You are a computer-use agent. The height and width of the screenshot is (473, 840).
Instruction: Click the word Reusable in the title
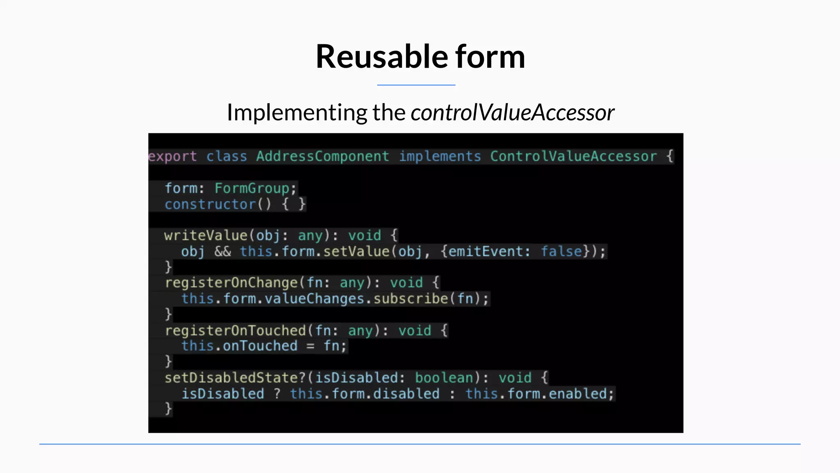coord(381,57)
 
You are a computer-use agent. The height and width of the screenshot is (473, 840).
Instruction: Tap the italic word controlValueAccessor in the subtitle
coord(512,113)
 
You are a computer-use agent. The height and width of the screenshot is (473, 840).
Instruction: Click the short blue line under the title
coord(416,85)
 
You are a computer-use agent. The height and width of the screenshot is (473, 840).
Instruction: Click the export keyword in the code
coord(173,156)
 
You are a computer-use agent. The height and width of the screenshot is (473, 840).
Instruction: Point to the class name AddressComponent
coord(322,156)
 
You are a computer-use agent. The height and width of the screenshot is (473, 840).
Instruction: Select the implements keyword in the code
coord(440,156)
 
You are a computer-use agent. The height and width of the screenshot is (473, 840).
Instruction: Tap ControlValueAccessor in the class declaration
coord(573,156)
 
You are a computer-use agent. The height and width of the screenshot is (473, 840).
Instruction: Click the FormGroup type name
coord(252,188)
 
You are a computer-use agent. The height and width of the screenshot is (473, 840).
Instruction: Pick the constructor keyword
coord(210,204)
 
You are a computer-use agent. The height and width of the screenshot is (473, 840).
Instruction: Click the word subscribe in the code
coord(411,298)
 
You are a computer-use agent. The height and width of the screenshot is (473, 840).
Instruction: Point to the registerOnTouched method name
coord(235,331)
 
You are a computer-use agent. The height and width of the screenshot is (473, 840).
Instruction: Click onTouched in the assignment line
coord(260,346)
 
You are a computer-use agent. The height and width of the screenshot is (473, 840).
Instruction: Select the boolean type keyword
coord(444,378)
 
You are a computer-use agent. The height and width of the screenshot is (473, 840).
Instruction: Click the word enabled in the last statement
coord(577,394)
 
